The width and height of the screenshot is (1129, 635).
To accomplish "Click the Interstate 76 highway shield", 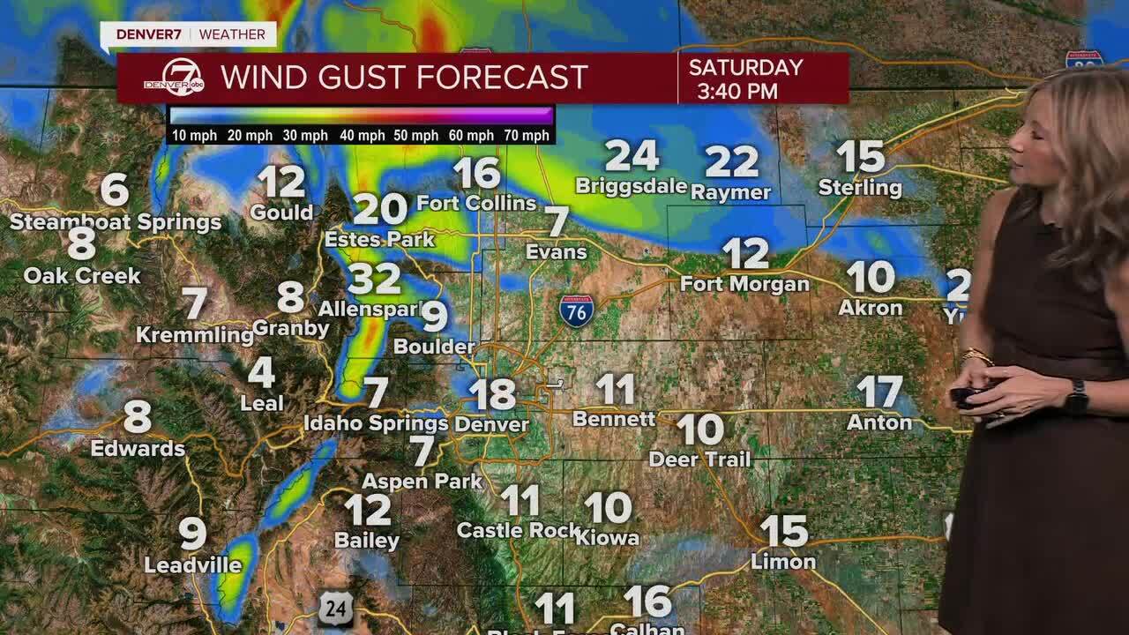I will (576, 310).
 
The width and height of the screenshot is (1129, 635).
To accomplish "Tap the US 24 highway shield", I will (336, 609).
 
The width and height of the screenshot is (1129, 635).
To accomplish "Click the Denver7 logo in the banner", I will (174, 78).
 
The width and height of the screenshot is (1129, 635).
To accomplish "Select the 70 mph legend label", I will (524, 135).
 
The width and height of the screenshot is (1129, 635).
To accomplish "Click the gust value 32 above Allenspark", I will (374, 280).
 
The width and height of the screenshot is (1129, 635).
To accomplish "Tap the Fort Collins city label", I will (476, 203).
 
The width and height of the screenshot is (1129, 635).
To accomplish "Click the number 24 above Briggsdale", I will (632, 156).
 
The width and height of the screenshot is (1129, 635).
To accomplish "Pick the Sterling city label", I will (860, 188).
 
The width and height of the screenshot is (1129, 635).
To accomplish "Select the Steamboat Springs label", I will (116, 221).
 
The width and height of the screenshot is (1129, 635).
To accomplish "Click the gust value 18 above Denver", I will (491, 394).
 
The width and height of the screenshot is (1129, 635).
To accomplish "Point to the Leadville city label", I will (192, 565).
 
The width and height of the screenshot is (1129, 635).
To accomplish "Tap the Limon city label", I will (783, 562).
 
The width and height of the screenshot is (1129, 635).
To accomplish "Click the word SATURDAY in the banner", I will (745, 68).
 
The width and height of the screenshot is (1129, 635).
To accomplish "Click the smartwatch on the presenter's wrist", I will (1075, 397).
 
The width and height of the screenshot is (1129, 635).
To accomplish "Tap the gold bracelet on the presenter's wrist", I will (977, 355).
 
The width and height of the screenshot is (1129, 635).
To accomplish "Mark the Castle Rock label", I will (518, 530).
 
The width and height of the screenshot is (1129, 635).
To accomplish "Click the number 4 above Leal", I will (261, 372).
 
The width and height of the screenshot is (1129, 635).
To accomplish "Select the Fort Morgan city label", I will (744, 284).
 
